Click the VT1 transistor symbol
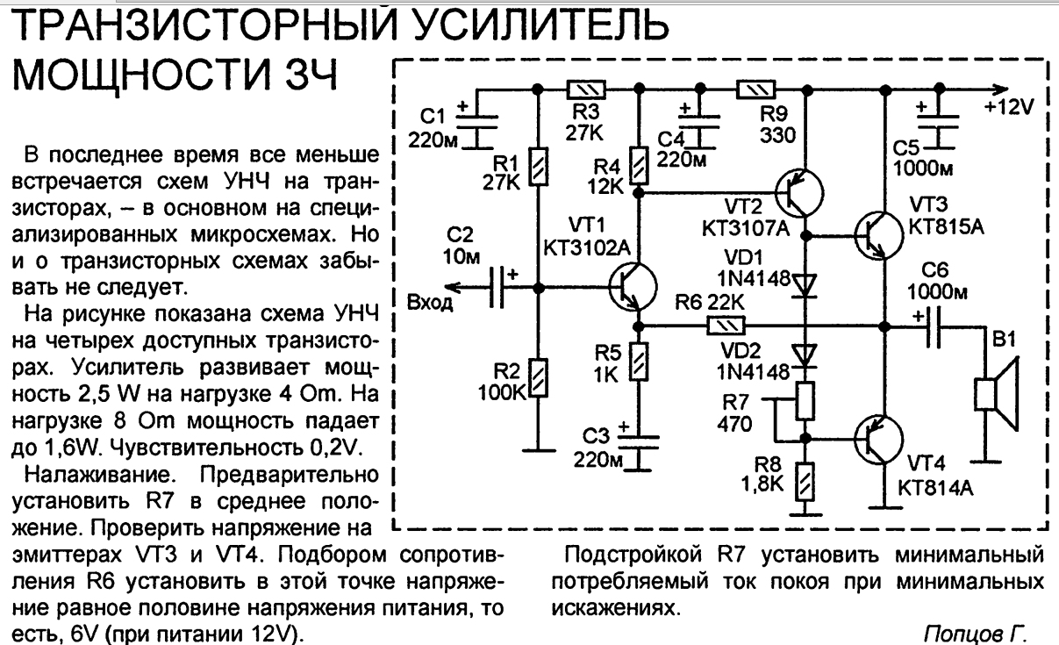[633, 287]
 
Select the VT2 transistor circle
[799, 193]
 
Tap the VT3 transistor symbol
[879, 235]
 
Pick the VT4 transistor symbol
[879, 439]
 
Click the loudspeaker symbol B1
[997, 394]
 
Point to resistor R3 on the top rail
[586, 89]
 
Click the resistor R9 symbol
[756, 89]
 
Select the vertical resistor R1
[538, 166]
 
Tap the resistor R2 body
[538, 377]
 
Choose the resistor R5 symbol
[638, 362]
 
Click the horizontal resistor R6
[726, 326]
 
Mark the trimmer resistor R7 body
[805, 401]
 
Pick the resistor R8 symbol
[805, 482]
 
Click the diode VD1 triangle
[805, 286]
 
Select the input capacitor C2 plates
[496, 287]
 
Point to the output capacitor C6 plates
[934, 327]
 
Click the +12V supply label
[1009, 107]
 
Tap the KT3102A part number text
[587, 247]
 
